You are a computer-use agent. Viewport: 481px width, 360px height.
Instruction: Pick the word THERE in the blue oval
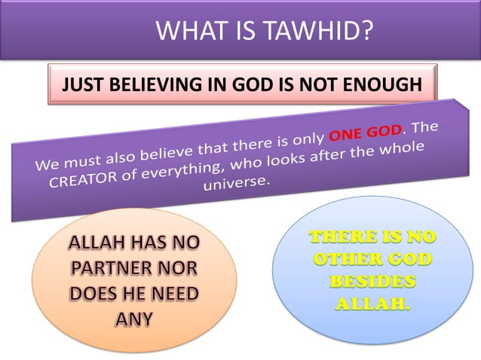tap(341, 239)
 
